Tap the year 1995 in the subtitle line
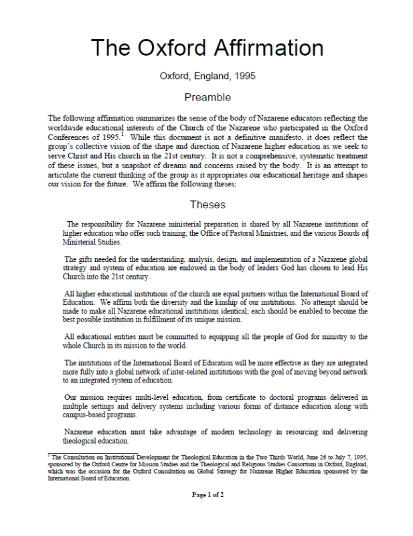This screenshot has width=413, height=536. pyautogui.click(x=244, y=76)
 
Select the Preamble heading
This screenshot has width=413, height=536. pyautogui.click(x=208, y=97)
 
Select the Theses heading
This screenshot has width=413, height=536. pyautogui.click(x=208, y=204)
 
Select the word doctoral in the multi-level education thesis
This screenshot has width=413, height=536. pyautogui.click(x=248, y=397)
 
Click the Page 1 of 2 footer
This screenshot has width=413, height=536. pyautogui.click(x=208, y=494)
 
